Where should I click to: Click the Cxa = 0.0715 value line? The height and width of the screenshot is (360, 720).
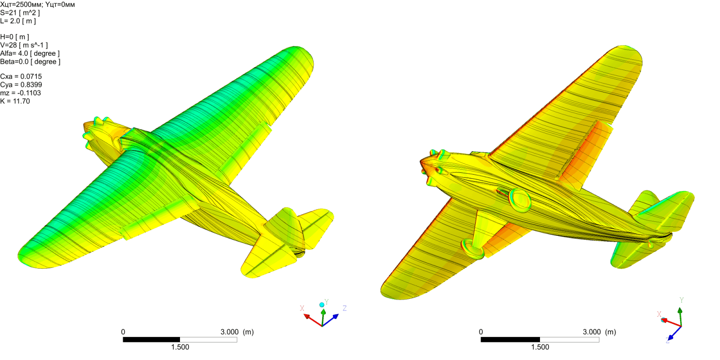[x=21, y=76]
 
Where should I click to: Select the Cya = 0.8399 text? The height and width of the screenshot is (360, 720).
[x=21, y=85]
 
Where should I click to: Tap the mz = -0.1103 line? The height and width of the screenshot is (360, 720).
[x=21, y=93]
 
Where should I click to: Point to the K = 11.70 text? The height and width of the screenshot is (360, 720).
[x=15, y=101]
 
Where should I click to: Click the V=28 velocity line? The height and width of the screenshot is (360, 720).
[x=24, y=45]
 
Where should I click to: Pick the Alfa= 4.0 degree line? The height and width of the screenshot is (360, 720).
[x=30, y=54]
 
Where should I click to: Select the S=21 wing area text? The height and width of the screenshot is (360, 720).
[x=20, y=13]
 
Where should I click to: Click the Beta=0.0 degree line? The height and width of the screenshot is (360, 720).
[x=30, y=62]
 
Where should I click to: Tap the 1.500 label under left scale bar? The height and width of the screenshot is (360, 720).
[x=180, y=347]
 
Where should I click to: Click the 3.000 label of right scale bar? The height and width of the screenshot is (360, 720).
[x=591, y=332]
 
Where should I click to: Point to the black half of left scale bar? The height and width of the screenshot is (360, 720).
[x=151, y=340]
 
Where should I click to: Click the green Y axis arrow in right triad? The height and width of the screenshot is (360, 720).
[x=680, y=315]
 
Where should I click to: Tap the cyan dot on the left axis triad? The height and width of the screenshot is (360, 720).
[x=322, y=305]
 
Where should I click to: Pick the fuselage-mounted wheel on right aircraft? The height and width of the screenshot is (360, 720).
[x=520, y=200]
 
